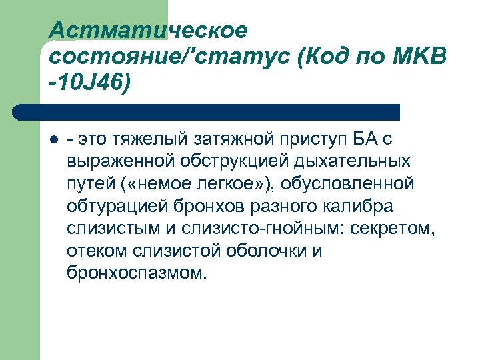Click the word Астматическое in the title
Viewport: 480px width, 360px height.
(x=148, y=29)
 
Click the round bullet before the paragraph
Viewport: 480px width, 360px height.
(x=55, y=140)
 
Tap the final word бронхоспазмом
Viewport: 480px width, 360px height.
(x=137, y=273)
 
